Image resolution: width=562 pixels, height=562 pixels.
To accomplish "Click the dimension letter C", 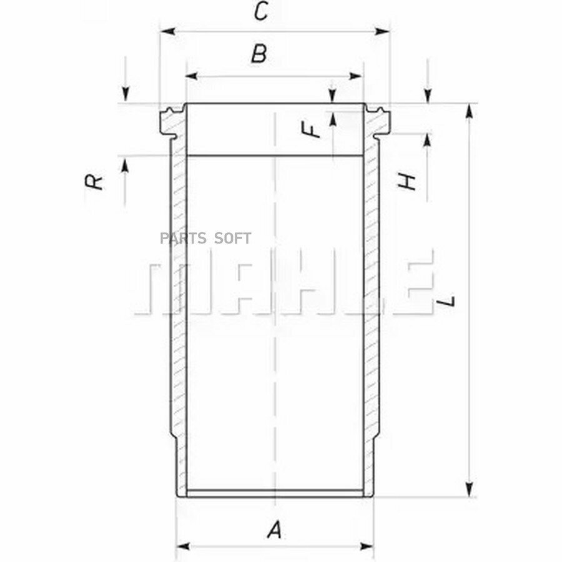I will pyautogui.click(x=262, y=12).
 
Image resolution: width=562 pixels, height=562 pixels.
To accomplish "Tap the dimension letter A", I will pyautogui.click(x=274, y=531).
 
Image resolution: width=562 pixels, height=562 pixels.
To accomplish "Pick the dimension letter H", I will pyautogui.click(x=407, y=182).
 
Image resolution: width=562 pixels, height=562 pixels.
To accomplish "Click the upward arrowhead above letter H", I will pyautogui.click(x=428, y=141).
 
